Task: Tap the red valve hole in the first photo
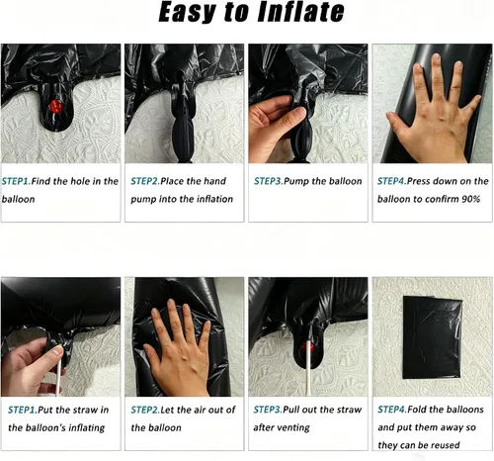pyautogui.click(x=56, y=106)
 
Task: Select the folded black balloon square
pyautogui.click(x=433, y=337)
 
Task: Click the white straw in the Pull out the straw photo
pyautogui.click(x=308, y=368)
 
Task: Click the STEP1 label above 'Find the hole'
pyautogui.click(x=16, y=181)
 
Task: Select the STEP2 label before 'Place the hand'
pyautogui.click(x=145, y=181)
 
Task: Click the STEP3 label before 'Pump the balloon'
pyautogui.click(x=269, y=181)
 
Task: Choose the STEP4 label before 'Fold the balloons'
pyautogui.click(x=392, y=410)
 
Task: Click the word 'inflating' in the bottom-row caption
pyautogui.click(x=86, y=428)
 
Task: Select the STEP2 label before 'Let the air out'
pyautogui.click(x=145, y=410)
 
